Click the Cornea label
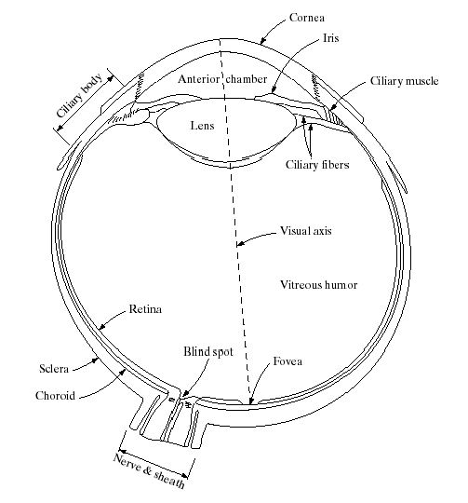point(306,18)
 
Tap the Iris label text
point(330,38)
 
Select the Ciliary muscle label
point(404,81)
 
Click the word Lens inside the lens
point(202,125)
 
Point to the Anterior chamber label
point(222,79)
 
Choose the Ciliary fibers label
point(317,165)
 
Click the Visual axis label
point(306,231)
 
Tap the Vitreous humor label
point(319,284)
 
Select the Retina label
point(145,309)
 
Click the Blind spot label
point(208,352)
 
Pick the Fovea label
point(287,361)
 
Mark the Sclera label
point(54,369)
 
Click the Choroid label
point(55,396)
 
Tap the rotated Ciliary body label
point(79,96)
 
